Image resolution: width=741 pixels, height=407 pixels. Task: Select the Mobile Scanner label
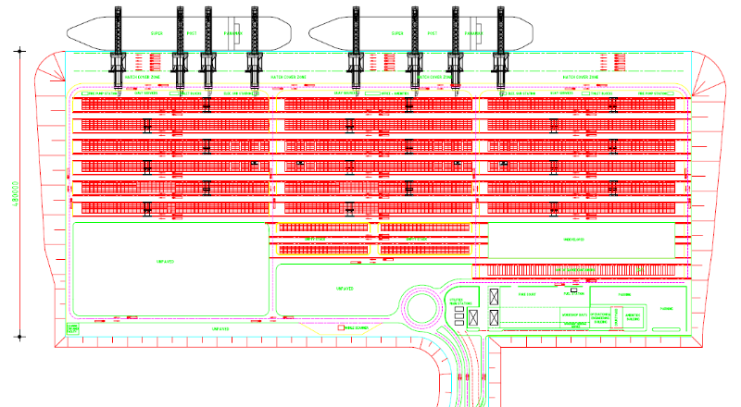356,327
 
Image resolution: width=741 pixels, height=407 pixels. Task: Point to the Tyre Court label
528,294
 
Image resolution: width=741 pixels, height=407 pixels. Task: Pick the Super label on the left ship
157,33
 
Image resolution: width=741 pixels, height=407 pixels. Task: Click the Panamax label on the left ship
232,33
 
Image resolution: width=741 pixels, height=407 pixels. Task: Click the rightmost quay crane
500,42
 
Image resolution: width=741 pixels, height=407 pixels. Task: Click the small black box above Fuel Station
579,292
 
